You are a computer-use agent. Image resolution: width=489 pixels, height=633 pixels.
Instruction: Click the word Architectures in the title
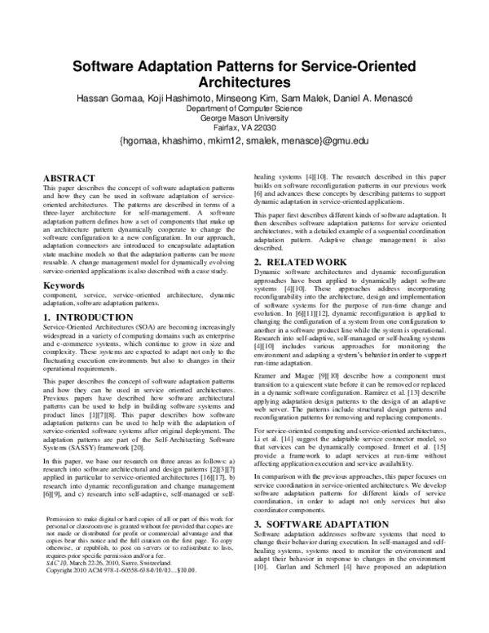[244, 82]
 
